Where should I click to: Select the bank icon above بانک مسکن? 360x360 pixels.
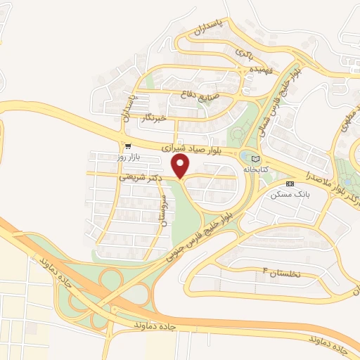[x=290, y=184]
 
